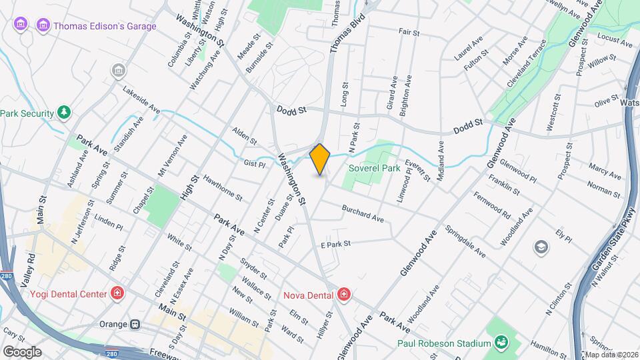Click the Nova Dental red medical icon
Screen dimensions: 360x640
tap(343, 294)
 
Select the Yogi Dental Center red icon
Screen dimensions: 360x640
tap(117, 294)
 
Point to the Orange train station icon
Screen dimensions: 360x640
tap(135, 324)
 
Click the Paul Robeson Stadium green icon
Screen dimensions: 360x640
tap(501, 343)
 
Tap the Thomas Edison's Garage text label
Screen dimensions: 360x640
tap(105, 26)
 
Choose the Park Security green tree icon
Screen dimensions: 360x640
tap(64, 113)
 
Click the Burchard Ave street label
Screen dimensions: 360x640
tap(363, 213)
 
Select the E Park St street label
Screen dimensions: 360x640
tap(335, 245)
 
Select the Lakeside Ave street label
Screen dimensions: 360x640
tap(141, 98)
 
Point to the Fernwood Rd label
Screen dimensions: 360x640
tap(492, 207)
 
